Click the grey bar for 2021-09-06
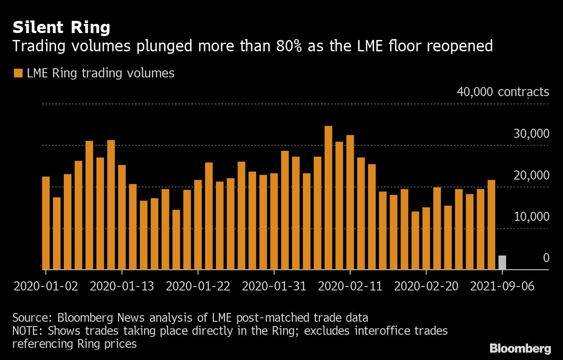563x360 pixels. (x=502, y=263)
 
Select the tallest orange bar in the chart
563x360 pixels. (x=328, y=198)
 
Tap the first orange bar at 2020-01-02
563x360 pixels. (x=46, y=223)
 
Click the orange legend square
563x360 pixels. (x=18, y=73)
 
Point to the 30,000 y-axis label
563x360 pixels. (x=531, y=134)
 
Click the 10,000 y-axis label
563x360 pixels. (x=531, y=217)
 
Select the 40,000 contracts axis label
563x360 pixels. (x=503, y=92)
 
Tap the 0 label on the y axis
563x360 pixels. (x=546, y=258)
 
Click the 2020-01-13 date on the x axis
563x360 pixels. (x=122, y=287)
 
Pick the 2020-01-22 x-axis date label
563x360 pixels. (x=198, y=287)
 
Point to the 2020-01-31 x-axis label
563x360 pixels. (x=274, y=287)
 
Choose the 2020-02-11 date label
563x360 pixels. (x=350, y=287)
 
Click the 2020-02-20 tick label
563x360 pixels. (x=426, y=287)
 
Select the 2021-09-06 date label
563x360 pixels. (x=502, y=287)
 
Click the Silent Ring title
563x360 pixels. (x=61, y=28)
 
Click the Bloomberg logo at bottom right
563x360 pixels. (x=520, y=348)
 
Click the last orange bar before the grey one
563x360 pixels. (x=491, y=225)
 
